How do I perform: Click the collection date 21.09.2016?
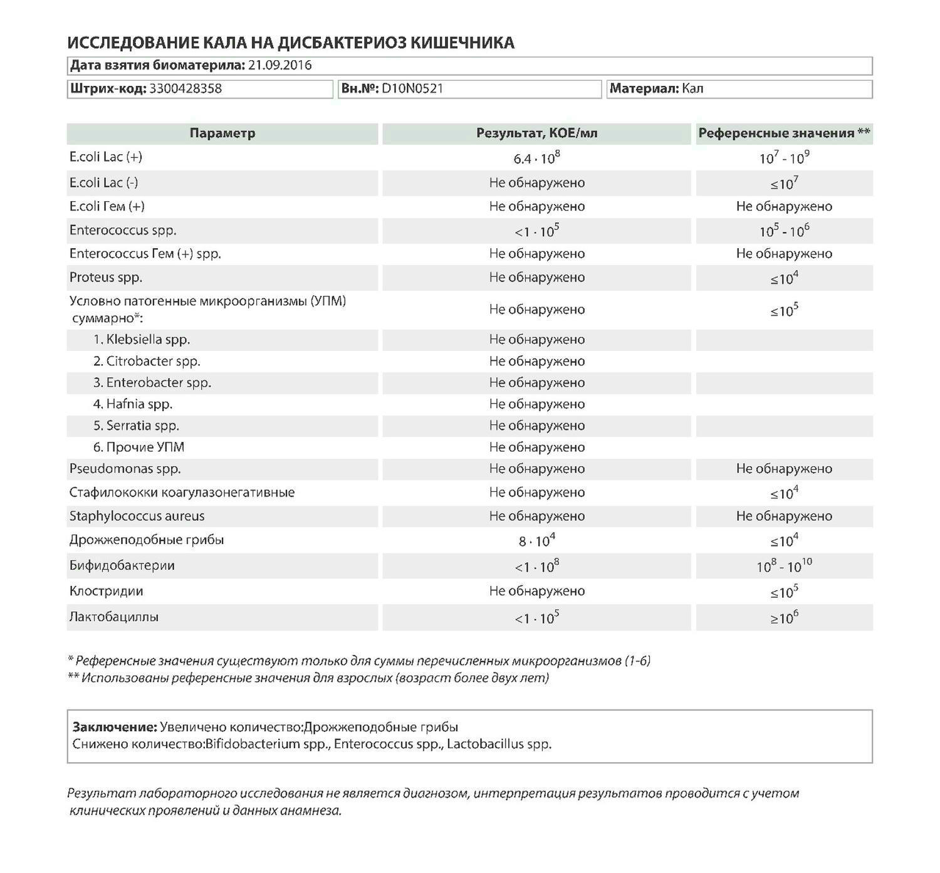point(279,65)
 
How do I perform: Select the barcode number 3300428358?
point(185,88)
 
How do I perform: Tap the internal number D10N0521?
point(412,88)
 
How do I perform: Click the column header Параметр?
point(222,133)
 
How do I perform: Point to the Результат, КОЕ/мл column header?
point(536,133)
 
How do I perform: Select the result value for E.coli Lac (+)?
point(536,158)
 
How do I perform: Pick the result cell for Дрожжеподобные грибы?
point(536,540)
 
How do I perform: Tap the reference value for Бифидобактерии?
point(783,566)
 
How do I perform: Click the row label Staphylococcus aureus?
point(137,516)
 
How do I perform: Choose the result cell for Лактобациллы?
point(536,618)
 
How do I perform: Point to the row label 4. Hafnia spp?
point(133,404)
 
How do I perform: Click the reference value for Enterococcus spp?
point(783,231)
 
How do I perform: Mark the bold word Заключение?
point(115,727)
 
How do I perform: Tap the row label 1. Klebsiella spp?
point(142,339)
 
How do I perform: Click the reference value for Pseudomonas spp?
point(783,469)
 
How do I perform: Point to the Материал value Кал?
point(692,88)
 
